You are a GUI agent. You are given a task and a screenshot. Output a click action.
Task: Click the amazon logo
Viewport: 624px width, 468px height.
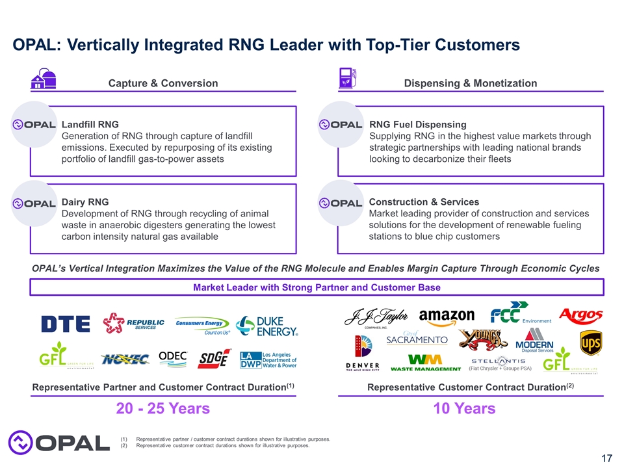point(447,317)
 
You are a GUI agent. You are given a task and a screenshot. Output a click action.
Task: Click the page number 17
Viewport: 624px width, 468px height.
point(606,459)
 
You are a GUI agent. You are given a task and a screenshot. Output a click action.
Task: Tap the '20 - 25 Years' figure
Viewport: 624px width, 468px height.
point(162,409)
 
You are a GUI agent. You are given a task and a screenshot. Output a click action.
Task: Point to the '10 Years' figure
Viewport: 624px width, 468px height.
point(464,409)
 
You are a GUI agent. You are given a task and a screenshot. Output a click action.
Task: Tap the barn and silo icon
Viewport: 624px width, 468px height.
point(44,79)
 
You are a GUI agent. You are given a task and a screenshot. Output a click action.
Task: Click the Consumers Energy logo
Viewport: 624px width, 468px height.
point(203,325)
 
